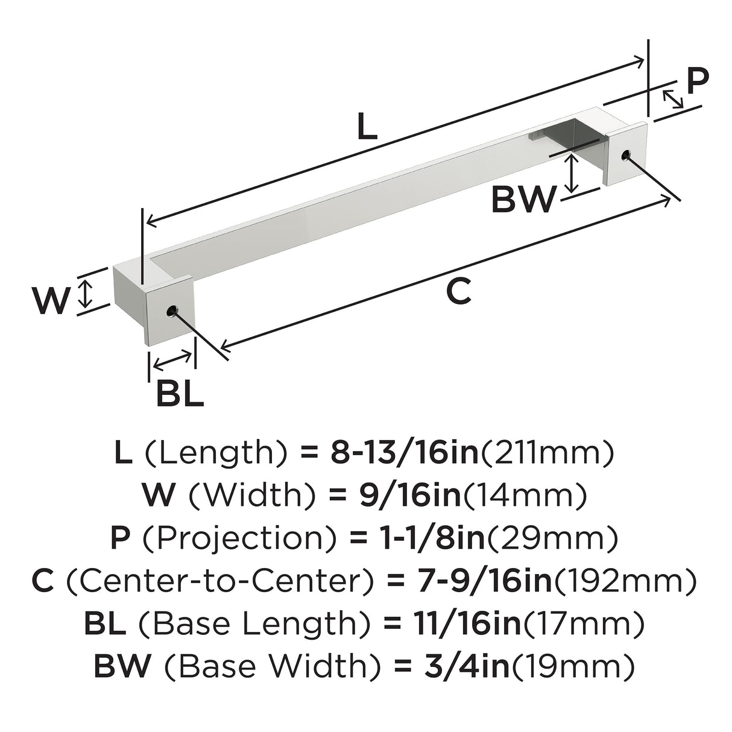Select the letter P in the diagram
click(x=698, y=81)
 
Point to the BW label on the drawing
click(x=524, y=198)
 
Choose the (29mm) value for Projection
click(x=552, y=538)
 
